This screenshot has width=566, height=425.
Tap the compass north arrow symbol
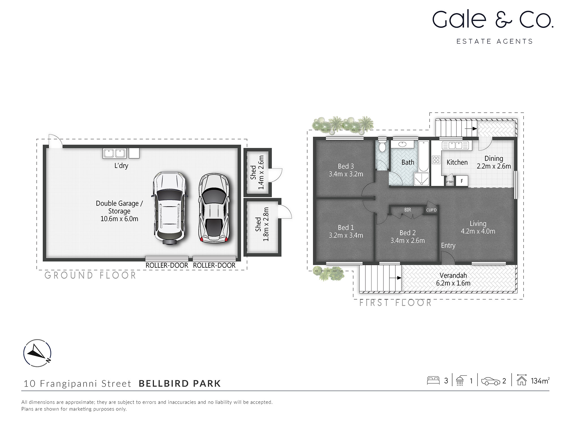tap(37, 353)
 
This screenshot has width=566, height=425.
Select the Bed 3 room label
tap(346, 166)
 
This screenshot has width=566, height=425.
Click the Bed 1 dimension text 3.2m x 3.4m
tap(346, 235)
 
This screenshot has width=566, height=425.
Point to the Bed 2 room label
tap(408, 233)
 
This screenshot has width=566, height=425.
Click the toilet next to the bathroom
tap(382, 146)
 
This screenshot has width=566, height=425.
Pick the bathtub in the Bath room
tap(424, 156)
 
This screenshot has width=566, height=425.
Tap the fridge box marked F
tap(462, 181)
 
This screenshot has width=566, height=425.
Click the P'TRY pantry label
tap(450, 182)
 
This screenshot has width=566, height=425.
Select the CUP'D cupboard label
tap(431, 210)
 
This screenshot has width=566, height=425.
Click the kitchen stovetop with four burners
tap(436, 160)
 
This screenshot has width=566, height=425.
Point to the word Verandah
tap(453, 275)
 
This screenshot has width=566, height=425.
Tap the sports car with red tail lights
tap(214, 208)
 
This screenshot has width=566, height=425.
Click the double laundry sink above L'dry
tap(115, 153)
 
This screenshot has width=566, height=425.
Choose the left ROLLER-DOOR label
tap(167, 265)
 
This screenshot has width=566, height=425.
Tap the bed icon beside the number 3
tap(433, 381)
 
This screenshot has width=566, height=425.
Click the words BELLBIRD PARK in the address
tap(179, 384)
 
